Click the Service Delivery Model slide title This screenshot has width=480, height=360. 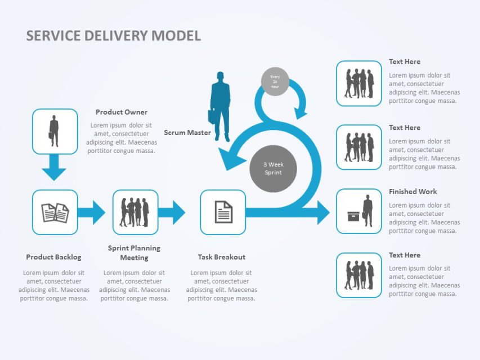point(113,36)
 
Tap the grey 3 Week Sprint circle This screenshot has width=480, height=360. point(273,168)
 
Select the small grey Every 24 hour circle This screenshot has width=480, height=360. point(275,82)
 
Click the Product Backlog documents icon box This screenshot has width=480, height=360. point(55,212)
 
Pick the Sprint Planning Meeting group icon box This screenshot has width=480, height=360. point(135,212)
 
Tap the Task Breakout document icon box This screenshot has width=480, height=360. point(223,212)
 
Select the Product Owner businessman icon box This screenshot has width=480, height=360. point(55,131)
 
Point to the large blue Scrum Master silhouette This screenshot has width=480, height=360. point(220,106)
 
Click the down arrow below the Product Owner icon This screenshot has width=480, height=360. point(55,168)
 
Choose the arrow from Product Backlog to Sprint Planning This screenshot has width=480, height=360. point(91,212)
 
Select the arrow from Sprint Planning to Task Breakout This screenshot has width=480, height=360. point(172,212)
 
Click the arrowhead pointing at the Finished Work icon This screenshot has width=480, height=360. point(322,212)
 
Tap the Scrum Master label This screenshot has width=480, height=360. point(187,133)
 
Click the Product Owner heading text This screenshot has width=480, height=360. point(121,112)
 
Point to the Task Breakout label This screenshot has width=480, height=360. point(221,257)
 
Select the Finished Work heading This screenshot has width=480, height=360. point(412,191)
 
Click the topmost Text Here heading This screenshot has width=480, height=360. point(404,62)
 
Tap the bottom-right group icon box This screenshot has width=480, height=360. point(359,275)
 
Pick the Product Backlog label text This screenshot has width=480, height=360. point(53,257)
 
